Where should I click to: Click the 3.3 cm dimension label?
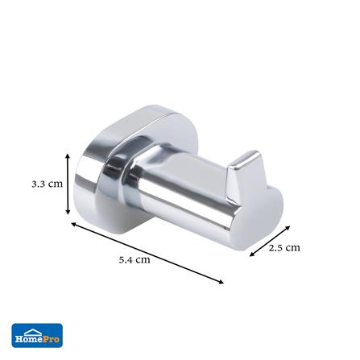click(x=48, y=184)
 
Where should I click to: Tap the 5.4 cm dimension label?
click(x=134, y=259)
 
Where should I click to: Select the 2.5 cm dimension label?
click(x=284, y=247)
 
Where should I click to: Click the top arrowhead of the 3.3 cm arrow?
click(x=68, y=156)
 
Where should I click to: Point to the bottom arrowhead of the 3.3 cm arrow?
click(x=68, y=212)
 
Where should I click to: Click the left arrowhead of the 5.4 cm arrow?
click(x=73, y=224)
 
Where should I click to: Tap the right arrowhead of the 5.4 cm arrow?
click(x=221, y=281)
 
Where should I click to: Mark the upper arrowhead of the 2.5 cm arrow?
click(x=288, y=228)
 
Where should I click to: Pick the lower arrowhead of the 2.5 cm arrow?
click(x=252, y=254)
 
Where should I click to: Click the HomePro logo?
click(x=37, y=336)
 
